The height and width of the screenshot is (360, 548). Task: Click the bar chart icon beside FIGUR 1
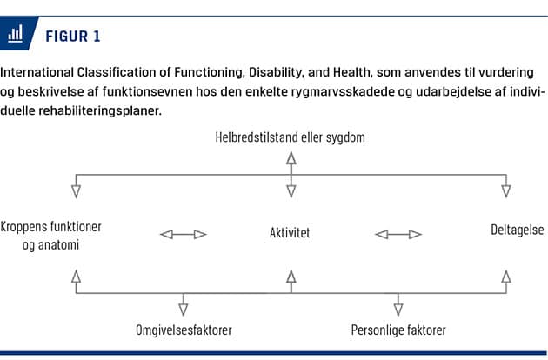click(x=16, y=34)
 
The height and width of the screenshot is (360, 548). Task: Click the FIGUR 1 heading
click(x=73, y=37)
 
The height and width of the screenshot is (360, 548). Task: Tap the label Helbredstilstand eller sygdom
click(x=290, y=137)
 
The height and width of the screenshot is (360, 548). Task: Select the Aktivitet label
click(x=290, y=232)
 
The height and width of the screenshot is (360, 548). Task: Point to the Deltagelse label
click(x=518, y=230)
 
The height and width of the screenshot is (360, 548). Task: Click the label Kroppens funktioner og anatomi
click(x=51, y=236)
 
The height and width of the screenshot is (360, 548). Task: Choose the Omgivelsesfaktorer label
click(x=184, y=330)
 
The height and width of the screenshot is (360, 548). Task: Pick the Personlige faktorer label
click(x=398, y=330)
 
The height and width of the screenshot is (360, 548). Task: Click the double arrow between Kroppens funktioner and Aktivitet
click(x=184, y=234)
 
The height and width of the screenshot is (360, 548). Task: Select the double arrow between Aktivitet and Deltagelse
click(x=398, y=234)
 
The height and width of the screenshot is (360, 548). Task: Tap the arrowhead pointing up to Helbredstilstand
click(x=291, y=158)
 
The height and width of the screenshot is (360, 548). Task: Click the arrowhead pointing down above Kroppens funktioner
click(x=77, y=191)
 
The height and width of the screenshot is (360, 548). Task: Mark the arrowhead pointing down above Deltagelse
click(x=506, y=191)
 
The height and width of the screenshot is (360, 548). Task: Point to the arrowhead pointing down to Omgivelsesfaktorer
click(x=184, y=310)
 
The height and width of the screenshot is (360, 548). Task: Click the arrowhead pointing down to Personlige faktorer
click(x=398, y=310)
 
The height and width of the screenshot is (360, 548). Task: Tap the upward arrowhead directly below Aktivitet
click(x=291, y=277)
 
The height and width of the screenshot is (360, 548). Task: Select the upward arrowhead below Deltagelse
click(x=506, y=277)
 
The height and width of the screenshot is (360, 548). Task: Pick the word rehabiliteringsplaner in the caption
click(x=100, y=110)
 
